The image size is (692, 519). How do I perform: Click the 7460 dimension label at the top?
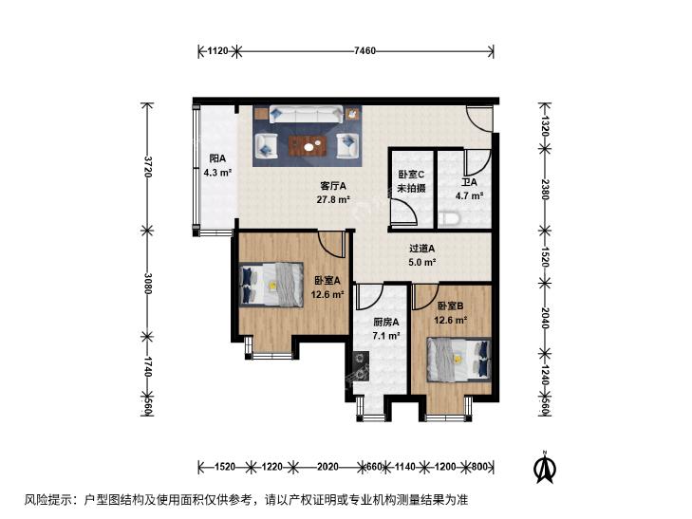(365, 50)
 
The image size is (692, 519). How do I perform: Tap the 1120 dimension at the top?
(217, 50)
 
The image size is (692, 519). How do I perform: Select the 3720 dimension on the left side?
(148, 166)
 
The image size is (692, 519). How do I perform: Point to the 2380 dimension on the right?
(545, 189)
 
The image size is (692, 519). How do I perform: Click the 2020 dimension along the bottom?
(327, 466)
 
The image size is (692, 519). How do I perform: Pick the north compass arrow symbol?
(545, 467)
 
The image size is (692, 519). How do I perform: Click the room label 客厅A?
(333, 186)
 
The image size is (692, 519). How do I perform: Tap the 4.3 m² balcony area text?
(217, 173)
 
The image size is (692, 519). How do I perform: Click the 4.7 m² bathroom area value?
(469, 195)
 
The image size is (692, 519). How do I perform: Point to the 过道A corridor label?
(421, 249)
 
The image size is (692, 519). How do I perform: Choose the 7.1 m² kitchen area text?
(386, 336)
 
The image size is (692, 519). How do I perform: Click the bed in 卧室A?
(271, 285)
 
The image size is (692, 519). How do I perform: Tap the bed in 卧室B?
(459, 360)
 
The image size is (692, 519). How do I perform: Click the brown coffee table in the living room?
(308, 146)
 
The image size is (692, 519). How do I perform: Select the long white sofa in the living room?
(307, 114)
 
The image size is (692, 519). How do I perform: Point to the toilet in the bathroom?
(451, 218)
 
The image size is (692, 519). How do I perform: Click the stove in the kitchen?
(361, 366)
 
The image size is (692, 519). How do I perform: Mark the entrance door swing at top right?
(479, 119)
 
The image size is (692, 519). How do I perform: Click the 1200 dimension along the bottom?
(445, 466)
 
